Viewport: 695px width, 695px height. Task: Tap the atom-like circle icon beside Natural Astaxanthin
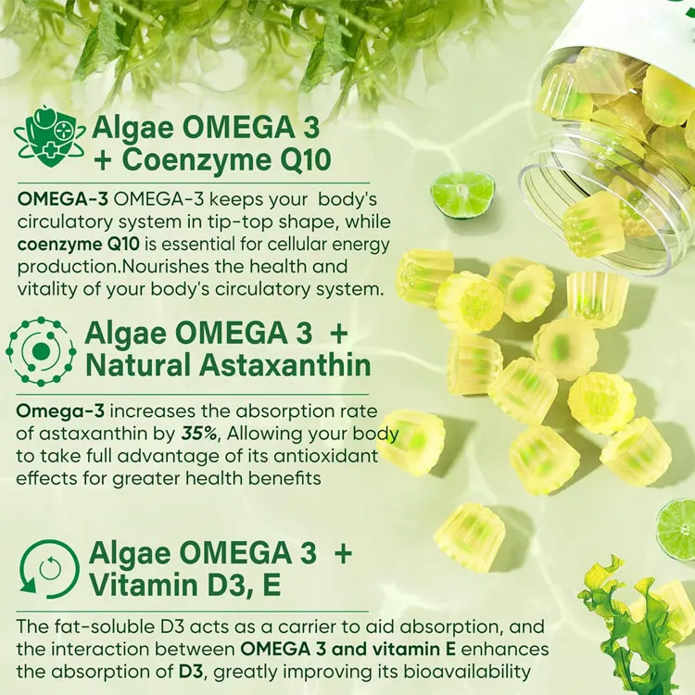coord(41,351)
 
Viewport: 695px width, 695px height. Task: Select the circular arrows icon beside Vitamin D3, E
coord(47,568)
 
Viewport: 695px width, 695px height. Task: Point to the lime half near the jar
coord(463,194)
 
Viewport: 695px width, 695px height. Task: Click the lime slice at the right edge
coord(677,528)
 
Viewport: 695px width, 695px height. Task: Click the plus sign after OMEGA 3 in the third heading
coord(343,553)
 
